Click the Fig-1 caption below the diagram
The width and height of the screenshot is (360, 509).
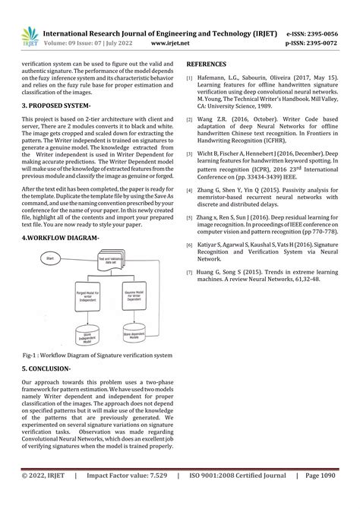tap(96, 354)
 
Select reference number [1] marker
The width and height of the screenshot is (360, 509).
tap(190, 78)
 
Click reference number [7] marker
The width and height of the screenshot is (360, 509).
tap(190, 270)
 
